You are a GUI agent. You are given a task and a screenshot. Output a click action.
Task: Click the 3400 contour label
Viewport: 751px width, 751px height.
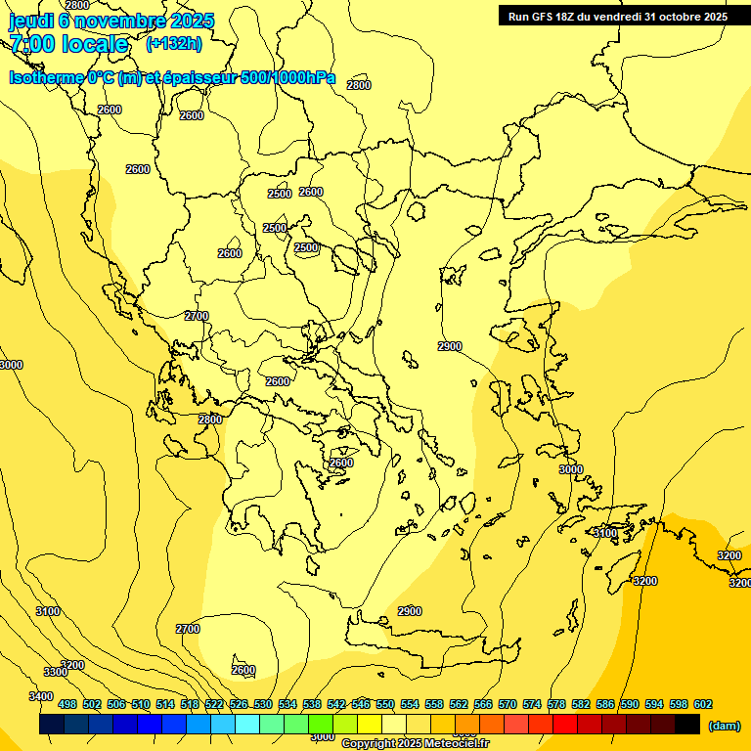(41, 696)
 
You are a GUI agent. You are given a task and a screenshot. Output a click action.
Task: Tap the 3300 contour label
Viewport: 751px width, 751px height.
(56, 672)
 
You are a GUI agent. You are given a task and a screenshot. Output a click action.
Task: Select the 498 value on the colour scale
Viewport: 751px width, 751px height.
(67, 704)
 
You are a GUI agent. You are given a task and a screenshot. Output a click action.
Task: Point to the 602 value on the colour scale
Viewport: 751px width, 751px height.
(703, 704)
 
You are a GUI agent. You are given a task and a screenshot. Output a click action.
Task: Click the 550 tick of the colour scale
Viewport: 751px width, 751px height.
(385, 704)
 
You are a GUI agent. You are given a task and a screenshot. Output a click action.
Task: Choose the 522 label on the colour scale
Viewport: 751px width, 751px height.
(214, 704)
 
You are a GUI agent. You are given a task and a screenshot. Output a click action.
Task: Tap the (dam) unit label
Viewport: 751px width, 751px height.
(725, 726)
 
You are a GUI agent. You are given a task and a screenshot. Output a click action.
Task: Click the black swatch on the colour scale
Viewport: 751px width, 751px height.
(687, 725)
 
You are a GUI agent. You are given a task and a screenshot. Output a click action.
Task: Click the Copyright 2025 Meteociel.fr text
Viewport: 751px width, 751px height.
(415, 744)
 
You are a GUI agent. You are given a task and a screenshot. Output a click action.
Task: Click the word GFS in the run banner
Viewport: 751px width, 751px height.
(551, 17)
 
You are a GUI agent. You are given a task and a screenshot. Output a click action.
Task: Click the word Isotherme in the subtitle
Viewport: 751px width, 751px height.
(46, 77)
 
